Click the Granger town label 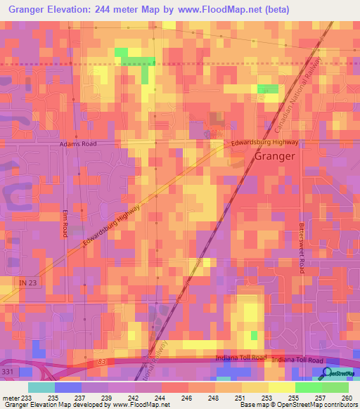pyautogui.click(x=274, y=156)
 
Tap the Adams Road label pyautogui.click(x=77, y=143)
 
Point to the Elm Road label pyautogui.click(x=65, y=222)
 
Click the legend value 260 pyautogui.click(x=347, y=398)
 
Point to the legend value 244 pyautogui.click(x=161, y=398)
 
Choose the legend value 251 pyautogui.click(x=240, y=398)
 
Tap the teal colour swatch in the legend pyautogui.click(x=41, y=387)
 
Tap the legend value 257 pyautogui.click(x=321, y=398)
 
